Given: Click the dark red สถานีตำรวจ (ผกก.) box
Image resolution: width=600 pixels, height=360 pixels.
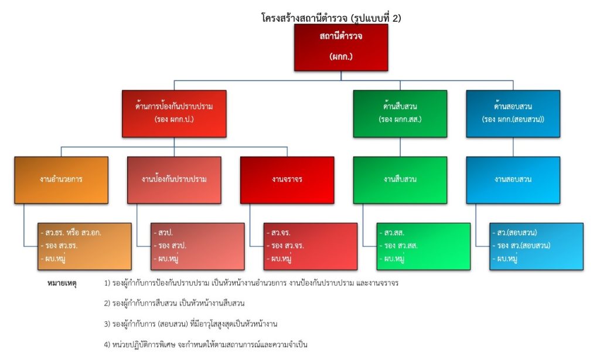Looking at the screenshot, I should pos(341,47).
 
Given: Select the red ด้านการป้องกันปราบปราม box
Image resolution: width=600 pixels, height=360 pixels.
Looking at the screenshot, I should pos(173,113).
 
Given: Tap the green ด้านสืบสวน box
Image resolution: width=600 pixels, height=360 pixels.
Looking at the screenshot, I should pos(400,113).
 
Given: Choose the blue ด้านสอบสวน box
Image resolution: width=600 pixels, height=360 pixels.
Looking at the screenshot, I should pos(513,113).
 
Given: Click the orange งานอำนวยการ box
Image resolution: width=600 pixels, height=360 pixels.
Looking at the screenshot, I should pos(61,179).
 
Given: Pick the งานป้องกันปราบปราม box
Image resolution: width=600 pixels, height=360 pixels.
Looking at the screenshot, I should pos(174,179).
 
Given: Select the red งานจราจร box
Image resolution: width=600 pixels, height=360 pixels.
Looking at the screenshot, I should pos(287,179).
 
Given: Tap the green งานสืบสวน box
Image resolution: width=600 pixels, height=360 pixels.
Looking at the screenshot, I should pos(400,179).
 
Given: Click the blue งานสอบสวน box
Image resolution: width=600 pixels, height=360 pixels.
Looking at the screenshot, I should pos(513,179).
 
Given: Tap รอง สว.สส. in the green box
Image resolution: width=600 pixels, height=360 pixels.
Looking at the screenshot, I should pos(400,246).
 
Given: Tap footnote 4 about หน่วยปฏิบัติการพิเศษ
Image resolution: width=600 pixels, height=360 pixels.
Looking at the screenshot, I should pos(205,345).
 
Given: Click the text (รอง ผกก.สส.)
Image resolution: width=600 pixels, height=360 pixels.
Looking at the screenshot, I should pos(400,120).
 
